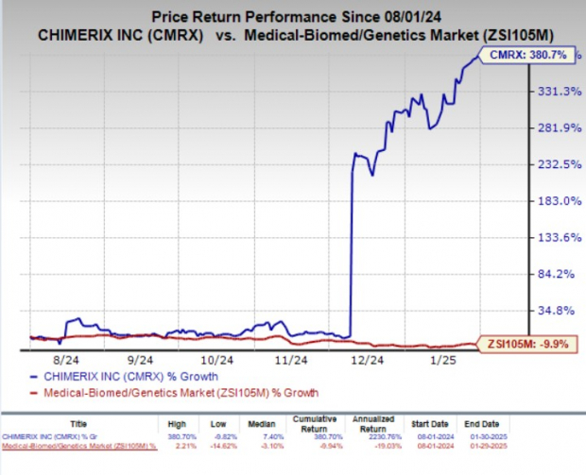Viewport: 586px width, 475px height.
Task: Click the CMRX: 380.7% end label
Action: [x=532, y=57]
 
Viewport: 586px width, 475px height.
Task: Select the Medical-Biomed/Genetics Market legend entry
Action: [x=174, y=392]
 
